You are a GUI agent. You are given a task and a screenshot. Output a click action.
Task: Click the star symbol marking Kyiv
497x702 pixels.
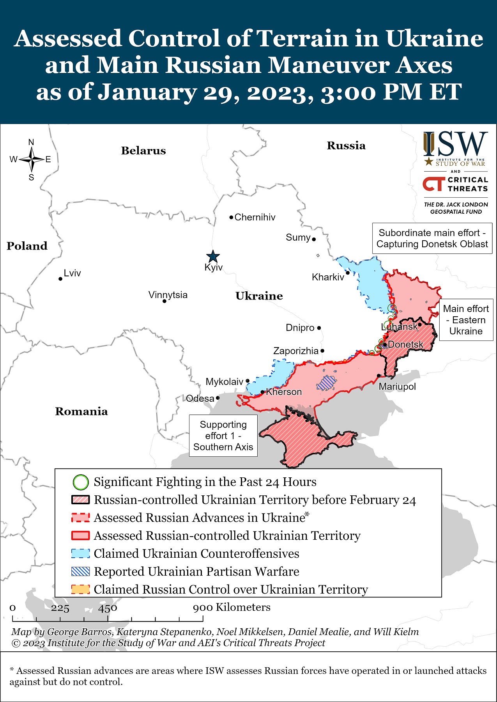(x=213, y=257)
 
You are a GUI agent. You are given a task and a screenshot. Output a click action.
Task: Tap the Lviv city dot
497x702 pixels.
(x=60, y=279)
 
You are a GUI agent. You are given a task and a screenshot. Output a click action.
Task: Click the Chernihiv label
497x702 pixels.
(x=255, y=217)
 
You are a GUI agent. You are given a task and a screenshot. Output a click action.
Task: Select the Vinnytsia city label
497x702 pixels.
(x=168, y=295)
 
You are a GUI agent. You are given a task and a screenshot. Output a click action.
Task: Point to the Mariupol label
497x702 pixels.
(x=397, y=386)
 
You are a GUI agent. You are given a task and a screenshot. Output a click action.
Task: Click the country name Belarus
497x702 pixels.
(x=143, y=151)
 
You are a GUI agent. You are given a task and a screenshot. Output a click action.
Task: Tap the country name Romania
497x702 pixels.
(x=81, y=411)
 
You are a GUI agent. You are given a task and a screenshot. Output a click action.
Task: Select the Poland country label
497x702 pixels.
(x=27, y=246)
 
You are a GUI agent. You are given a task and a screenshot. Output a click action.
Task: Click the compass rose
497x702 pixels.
(x=31, y=160)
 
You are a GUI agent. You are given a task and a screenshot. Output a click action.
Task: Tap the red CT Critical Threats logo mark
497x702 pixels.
(x=434, y=184)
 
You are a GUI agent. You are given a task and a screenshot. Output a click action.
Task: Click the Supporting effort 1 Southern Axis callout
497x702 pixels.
(x=223, y=436)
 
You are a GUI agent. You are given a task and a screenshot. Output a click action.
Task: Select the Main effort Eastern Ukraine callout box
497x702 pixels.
(x=466, y=320)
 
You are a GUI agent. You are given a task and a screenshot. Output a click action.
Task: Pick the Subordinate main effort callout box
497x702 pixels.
(x=432, y=238)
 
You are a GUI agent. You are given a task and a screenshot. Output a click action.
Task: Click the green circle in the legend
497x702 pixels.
(x=81, y=482)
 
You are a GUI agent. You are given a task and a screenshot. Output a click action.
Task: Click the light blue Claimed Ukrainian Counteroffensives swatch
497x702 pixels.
(x=81, y=553)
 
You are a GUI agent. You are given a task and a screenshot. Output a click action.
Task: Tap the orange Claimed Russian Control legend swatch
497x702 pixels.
(x=81, y=589)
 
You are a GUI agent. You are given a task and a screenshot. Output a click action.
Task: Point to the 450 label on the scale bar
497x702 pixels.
(x=108, y=608)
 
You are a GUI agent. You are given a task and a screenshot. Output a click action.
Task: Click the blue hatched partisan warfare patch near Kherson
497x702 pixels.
(x=325, y=383)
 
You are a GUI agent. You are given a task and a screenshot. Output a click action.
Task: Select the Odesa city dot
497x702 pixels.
(x=218, y=398)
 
